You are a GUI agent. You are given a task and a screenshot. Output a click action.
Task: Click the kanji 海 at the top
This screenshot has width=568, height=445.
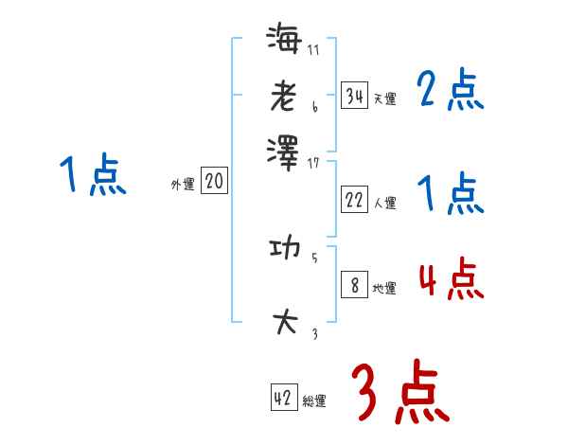pos(283,41)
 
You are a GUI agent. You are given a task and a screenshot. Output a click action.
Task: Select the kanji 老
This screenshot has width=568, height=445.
pos(283,95)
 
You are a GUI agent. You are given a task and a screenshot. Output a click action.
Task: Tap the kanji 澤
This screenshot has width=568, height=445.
pos(283,150)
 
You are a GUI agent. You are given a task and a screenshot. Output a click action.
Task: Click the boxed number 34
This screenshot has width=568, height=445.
pos(354,96)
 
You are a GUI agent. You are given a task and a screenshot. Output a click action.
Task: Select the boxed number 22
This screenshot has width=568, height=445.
pos(354,200)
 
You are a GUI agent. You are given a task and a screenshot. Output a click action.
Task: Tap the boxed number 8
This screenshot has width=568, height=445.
pos(354,286)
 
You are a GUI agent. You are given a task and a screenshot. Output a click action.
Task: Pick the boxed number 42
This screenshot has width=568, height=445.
pos(283,399)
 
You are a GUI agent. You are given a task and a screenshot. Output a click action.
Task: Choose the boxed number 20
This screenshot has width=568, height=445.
pos(214,182)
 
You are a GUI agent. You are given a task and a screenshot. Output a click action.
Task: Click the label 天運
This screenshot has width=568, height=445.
pos(384,98)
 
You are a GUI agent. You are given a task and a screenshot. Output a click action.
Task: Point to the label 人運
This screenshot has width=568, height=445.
pos(384,203)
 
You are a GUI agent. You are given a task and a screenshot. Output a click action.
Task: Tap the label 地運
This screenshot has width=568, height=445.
pos(384,289)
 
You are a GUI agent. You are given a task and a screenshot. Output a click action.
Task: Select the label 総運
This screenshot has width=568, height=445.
pos(314,401)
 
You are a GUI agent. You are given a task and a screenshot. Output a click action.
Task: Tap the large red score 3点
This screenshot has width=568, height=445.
pos(399,394)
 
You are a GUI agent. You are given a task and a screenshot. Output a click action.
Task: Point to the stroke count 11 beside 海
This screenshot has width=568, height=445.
pos(313,50)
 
